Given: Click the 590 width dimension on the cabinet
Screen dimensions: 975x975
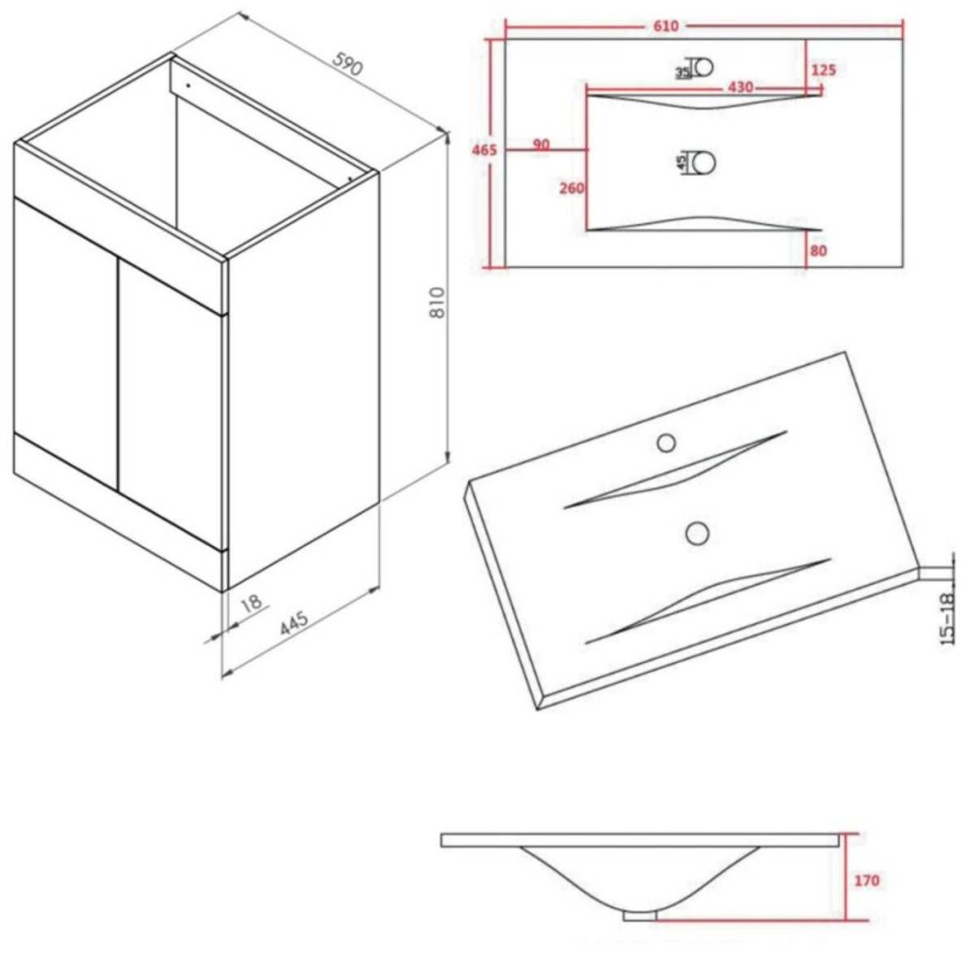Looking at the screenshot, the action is (x=347, y=63).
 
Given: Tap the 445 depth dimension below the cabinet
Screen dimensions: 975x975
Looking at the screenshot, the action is (x=294, y=624).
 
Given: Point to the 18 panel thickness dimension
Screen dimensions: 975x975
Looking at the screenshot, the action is (x=251, y=602).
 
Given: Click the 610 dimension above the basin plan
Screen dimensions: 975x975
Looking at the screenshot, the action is (x=665, y=26).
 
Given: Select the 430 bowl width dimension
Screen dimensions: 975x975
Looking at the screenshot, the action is (x=740, y=87).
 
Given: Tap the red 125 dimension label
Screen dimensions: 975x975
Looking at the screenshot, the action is (x=824, y=70).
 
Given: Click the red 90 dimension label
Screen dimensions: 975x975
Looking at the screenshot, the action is (x=541, y=145).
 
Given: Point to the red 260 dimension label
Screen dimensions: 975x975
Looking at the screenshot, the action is (x=572, y=188).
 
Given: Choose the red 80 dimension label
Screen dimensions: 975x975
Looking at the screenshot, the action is (x=818, y=250).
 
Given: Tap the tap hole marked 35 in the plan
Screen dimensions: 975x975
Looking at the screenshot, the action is (x=704, y=67).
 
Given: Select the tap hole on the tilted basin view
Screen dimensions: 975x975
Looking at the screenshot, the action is (x=666, y=444).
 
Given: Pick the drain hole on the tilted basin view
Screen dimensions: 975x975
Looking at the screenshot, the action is (x=697, y=533).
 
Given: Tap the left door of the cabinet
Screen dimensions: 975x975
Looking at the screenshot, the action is (x=66, y=344).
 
